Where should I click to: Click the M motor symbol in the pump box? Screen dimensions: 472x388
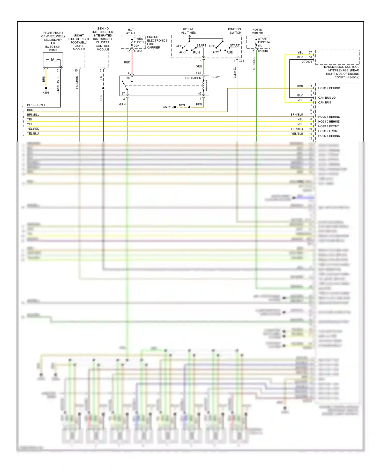53,60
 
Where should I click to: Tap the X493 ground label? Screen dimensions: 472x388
46,93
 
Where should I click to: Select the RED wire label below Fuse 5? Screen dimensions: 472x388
127,62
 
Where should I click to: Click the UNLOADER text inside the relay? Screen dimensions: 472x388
193,78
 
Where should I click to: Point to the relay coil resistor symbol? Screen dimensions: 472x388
206,85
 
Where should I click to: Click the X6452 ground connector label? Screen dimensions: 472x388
166,107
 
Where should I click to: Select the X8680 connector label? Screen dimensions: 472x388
138,51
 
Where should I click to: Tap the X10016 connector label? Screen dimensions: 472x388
263,51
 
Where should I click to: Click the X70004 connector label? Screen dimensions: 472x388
307,62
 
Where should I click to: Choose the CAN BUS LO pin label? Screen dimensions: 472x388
327,98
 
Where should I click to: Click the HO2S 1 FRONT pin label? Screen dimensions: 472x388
328,126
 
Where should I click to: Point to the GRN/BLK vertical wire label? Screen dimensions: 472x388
254,64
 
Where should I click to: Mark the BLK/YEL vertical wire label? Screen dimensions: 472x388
235,73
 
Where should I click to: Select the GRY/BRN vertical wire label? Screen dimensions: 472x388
77,82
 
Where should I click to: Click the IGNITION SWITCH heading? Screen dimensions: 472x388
235,31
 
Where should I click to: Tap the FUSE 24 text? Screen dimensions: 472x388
264,42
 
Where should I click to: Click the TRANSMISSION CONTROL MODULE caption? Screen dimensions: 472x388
340,72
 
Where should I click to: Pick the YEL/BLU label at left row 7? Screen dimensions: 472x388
33,133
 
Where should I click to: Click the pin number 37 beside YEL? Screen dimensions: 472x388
310,53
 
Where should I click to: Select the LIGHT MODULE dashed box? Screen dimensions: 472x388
79,60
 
